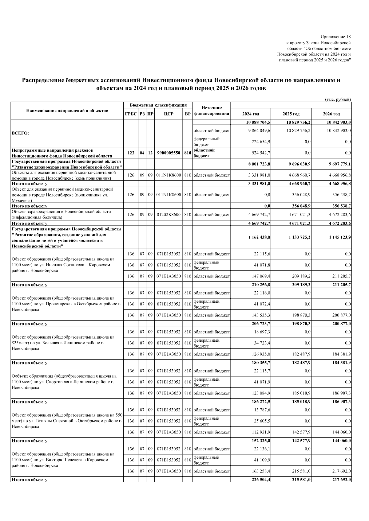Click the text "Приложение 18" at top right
335,37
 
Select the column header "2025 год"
291,114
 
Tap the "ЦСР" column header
169,114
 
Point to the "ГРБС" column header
131,114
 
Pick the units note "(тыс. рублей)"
338,99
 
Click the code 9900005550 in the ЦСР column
169,153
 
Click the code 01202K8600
169,215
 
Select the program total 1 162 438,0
259,237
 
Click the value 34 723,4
262,343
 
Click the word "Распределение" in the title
42,80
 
